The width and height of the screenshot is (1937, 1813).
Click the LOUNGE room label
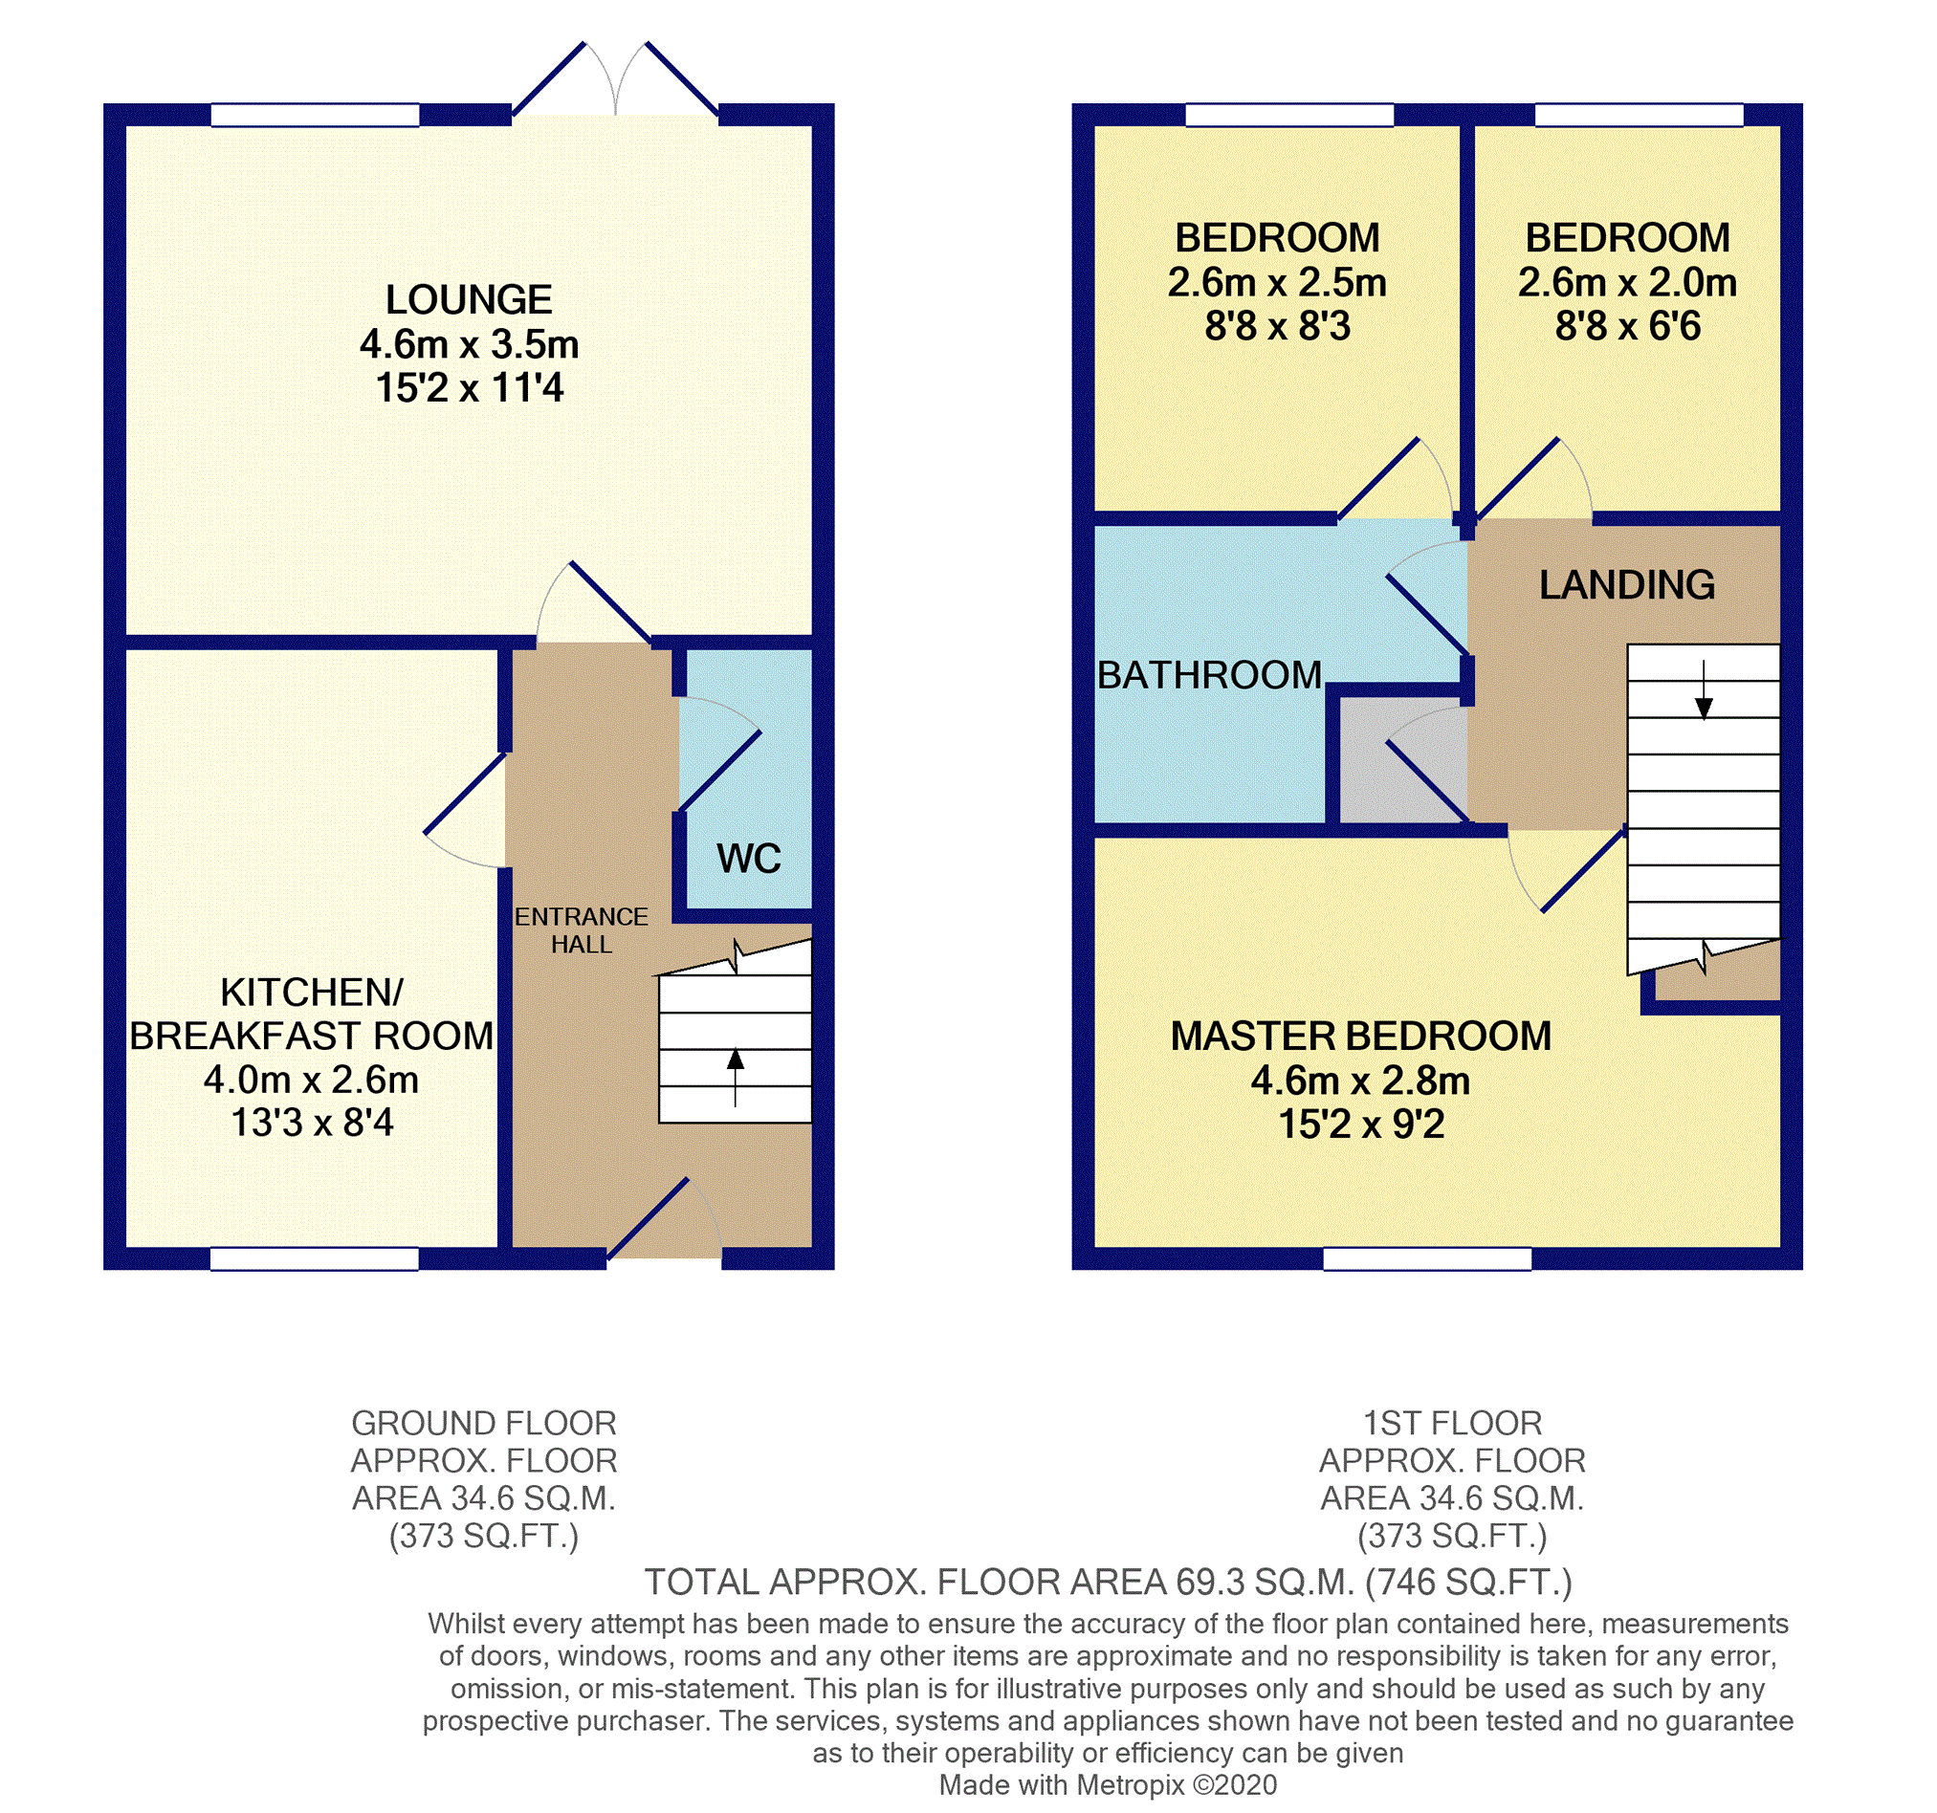(469, 299)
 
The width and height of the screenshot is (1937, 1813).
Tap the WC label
(748, 859)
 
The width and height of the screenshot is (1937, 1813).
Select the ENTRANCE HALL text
(581, 930)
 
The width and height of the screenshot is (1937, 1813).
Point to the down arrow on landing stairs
(1704, 692)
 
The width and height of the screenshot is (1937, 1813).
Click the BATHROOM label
(1209, 675)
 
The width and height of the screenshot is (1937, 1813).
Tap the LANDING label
(1626, 584)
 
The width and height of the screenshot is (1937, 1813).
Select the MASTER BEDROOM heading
(1360, 1036)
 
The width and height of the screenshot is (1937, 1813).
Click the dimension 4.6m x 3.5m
(469, 344)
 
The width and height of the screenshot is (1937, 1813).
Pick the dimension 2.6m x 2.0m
(1626, 282)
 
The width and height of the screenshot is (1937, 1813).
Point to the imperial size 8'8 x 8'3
(1276, 326)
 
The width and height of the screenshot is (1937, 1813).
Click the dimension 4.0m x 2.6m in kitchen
(311, 1080)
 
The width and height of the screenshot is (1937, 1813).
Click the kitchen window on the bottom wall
(314, 1258)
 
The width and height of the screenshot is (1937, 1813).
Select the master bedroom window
(1426, 1258)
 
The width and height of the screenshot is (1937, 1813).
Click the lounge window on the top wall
(315, 115)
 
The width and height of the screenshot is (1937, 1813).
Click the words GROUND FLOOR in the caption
(483, 1423)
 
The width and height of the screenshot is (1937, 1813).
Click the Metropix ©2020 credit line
(1107, 1784)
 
